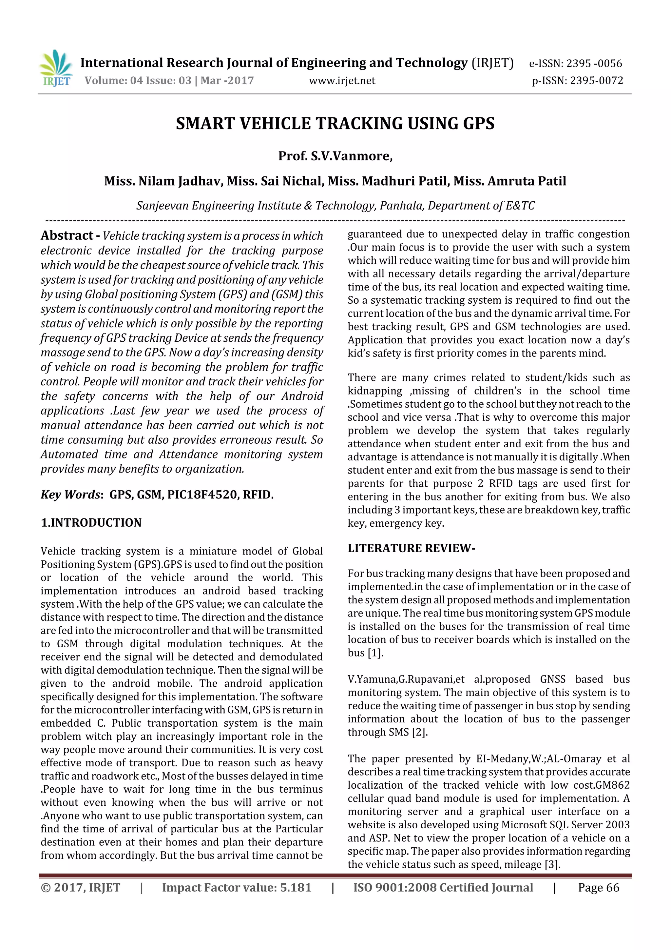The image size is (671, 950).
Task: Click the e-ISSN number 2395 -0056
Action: pos(594,64)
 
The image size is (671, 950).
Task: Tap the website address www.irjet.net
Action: pos(342,81)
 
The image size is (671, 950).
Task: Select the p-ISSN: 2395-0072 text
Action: pos(577,81)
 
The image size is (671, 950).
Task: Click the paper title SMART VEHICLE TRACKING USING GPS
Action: pos(335,124)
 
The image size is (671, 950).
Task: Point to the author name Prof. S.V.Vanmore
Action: pos(335,156)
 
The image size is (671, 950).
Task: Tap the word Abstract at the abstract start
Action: pos(67,235)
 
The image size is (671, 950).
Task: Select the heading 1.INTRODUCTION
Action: pos(91,523)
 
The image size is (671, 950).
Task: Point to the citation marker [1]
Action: pos(375,653)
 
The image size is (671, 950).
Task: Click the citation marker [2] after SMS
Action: pos(420,732)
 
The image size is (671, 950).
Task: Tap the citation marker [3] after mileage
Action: pos(552,864)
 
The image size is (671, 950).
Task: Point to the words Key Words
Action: pos(70,495)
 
